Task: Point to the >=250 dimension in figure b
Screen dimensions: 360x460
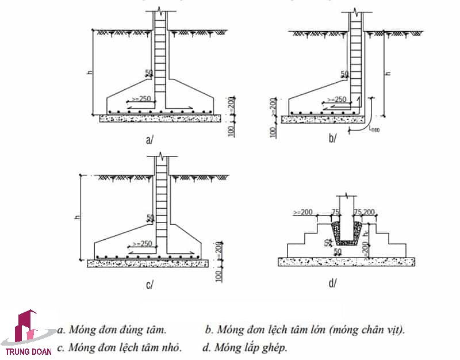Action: tap(336, 99)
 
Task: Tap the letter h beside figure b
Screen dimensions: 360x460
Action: tap(387, 74)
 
